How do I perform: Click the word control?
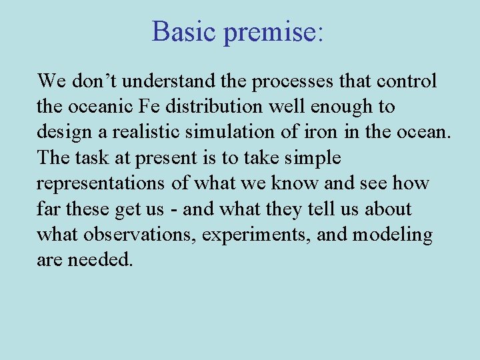coord(406,81)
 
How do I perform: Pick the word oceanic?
coord(101,107)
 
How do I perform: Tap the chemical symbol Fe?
coord(154,107)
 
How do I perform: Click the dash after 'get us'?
coord(173,209)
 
